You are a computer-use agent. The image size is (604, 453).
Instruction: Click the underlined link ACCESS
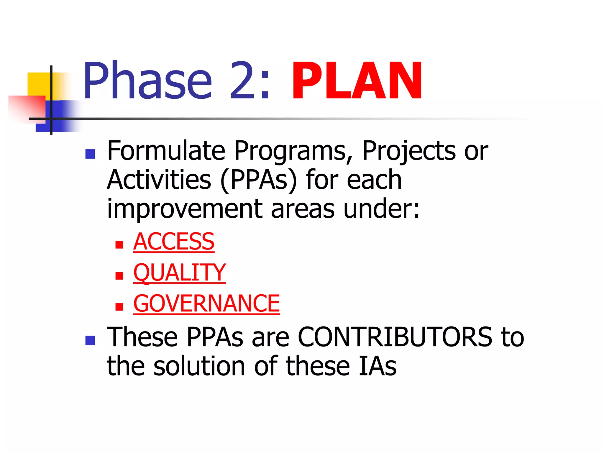(x=174, y=242)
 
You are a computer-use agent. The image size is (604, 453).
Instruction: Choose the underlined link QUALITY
(x=179, y=273)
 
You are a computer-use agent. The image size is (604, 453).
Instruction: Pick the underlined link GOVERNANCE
(x=206, y=303)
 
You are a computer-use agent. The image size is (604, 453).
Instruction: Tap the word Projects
(x=409, y=151)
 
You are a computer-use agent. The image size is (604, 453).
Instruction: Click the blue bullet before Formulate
(x=90, y=154)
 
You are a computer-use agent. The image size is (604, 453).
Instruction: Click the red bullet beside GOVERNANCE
(x=119, y=307)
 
